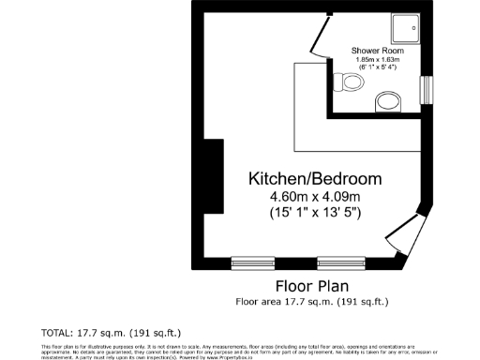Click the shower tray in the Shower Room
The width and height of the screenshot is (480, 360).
click(406, 28)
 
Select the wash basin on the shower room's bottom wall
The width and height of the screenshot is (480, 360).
click(385, 101)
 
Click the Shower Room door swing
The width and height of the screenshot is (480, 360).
click(319, 42)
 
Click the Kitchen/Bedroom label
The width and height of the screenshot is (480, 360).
click(314, 178)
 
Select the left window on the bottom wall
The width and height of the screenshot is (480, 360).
click(252, 260)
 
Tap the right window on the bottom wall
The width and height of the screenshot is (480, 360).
click(339, 260)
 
